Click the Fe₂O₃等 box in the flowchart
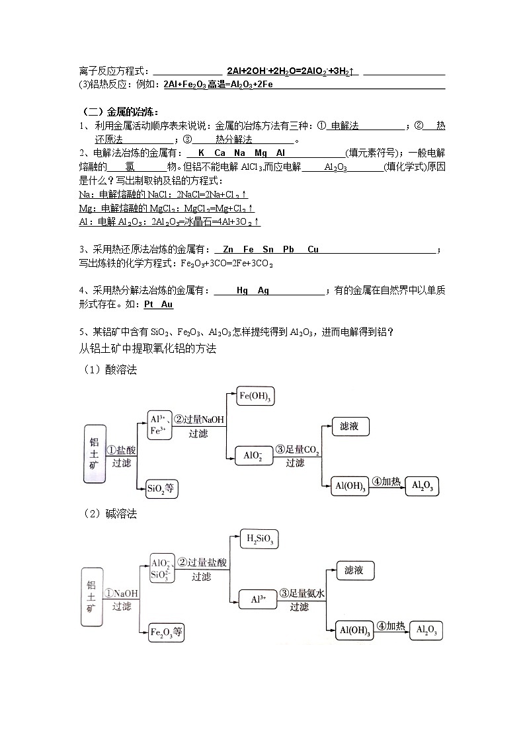(167, 633)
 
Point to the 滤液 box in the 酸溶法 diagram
(349, 426)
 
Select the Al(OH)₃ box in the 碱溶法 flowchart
(354, 630)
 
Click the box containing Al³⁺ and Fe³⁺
(159, 425)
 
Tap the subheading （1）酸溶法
(110, 370)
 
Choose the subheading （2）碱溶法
(110, 514)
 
